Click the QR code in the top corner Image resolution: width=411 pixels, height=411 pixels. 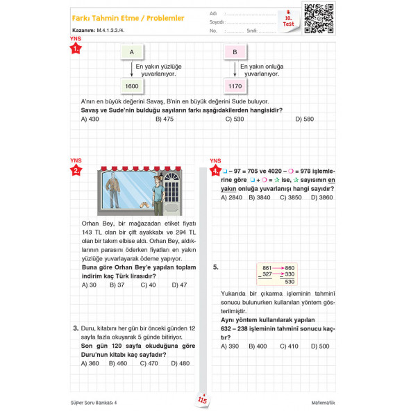coord(320,18)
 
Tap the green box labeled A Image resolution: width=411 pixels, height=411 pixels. coord(131,52)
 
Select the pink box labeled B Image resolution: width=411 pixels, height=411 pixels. coord(235,52)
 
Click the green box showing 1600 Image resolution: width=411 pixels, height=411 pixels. coord(131,86)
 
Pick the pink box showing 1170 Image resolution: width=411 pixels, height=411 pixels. coord(235,86)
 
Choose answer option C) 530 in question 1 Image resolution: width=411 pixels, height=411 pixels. coord(234,119)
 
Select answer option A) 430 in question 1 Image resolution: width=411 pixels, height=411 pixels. coord(90,119)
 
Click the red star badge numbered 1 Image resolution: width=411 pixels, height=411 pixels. coord(76,49)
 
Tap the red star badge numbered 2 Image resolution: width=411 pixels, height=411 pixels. coord(76,169)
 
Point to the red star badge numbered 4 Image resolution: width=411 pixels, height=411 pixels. coord(216,169)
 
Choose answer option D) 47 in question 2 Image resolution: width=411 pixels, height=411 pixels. coord(178,285)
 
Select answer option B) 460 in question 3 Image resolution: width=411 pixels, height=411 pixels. coord(118,363)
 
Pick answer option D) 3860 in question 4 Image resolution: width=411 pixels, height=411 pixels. coord(321,197)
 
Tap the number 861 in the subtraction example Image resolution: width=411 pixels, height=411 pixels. coord(267,268)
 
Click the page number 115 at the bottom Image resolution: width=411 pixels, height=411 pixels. coord(203,401)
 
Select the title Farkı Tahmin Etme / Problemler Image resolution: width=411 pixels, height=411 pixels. coord(128,18)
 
